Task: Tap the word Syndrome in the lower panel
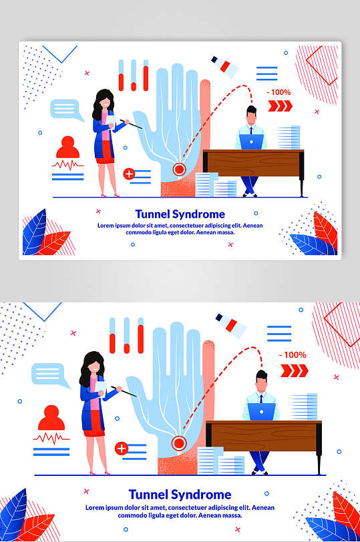coord(201,495)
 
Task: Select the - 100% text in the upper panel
coord(279,92)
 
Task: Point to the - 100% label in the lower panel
coord(293,355)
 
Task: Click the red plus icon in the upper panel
coord(129,174)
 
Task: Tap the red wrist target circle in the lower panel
coord(179,443)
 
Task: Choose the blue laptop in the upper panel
coord(251,142)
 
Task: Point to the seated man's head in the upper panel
coord(251,115)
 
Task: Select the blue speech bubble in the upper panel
coord(66,110)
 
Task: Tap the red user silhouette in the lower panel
coord(51,418)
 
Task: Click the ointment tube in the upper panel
coord(225,67)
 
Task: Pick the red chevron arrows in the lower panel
coord(294,370)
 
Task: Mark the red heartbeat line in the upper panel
coord(67,165)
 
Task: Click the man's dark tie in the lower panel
coord(261,399)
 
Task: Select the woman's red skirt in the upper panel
coord(105,156)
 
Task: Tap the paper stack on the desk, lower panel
coord(305,407)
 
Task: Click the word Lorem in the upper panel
coord(105,226)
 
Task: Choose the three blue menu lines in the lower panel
coord(279,334)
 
